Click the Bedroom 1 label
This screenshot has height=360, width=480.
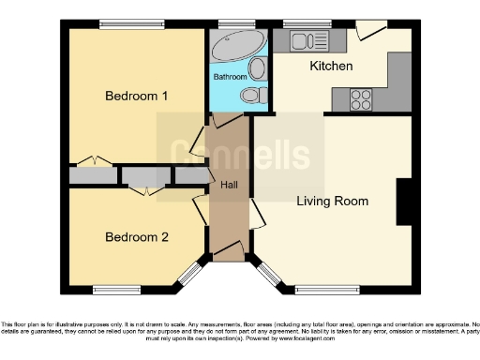pos(136,96)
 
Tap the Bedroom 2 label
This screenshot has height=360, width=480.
pos(136,237)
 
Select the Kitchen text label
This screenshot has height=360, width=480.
pos(331,67)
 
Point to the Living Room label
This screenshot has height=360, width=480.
pos(332,201)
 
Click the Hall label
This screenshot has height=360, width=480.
pos(228,185)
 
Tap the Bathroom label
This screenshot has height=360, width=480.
pos(230,76)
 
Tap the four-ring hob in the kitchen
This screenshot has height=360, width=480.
pos(361,99)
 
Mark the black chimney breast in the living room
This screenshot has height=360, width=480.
pos(405,202)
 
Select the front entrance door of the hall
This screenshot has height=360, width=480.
pos(227,250)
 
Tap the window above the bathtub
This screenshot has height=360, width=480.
pos(231,23)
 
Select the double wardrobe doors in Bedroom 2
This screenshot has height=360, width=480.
pos(142,190)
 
